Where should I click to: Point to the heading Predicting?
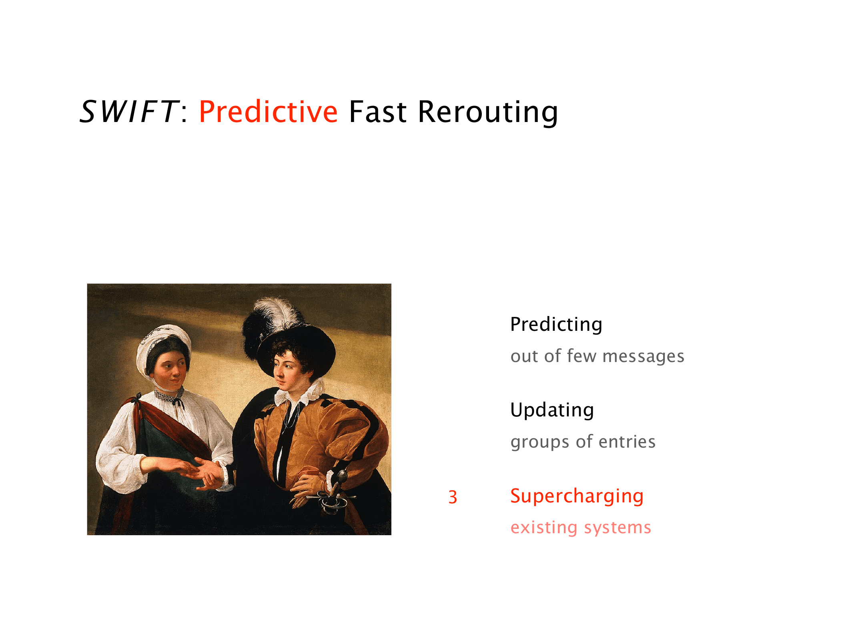coord(556,324)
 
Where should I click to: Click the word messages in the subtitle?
coord(644,356)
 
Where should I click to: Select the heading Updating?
coord(552,410)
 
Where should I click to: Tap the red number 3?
coord(453,497)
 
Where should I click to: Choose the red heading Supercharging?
coord(577,496)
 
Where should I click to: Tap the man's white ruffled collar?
coord(300,392)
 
